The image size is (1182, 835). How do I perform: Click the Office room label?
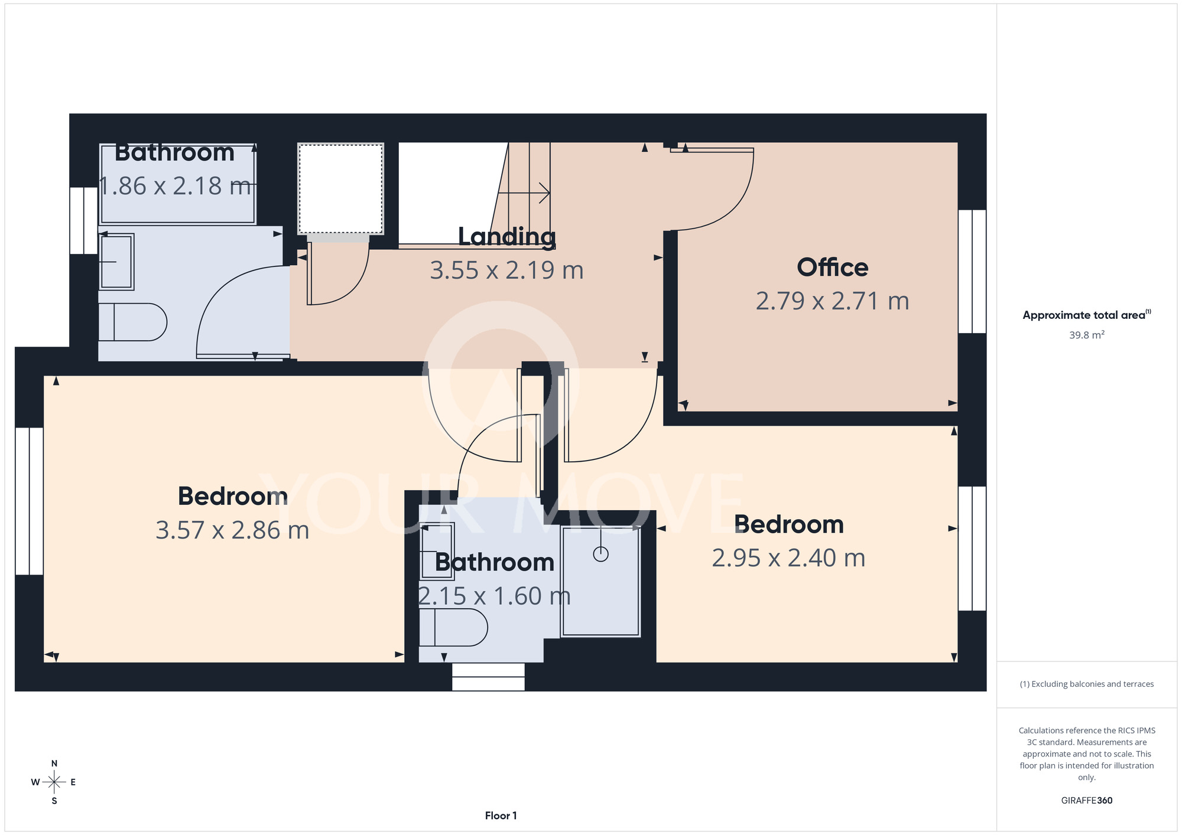coord(832,268)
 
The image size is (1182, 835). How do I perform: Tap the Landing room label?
coord(507,237)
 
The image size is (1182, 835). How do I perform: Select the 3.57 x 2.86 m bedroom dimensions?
coord(232,530)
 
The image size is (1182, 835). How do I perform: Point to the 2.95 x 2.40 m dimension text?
coord(788,558)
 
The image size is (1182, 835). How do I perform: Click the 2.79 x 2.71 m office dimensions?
coord(832,301)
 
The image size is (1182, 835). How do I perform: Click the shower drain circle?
coord(600,554)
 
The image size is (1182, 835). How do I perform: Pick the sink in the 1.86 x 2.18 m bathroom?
coord(116,262)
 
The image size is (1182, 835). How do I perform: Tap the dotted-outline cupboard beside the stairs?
coord(340,189)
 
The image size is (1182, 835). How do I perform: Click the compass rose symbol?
coord(54,782)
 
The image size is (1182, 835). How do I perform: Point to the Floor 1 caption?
coord(501,816)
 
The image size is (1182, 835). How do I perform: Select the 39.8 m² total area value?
coord(1087,335)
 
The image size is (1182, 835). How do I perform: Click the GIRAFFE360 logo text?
coord(1087,801)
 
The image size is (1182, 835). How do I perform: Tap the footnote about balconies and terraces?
coord(1087,684)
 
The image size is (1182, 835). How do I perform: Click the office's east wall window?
coord(972,272)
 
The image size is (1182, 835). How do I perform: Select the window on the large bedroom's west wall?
coord(29,501)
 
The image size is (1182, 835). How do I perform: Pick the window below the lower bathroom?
coord(488,677)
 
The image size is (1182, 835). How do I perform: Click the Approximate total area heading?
coord(1087,315)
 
